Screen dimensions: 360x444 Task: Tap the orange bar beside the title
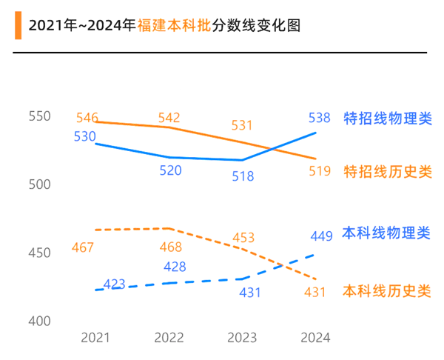[x=17, y=27]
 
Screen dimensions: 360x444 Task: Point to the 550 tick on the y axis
[x=38, y=116]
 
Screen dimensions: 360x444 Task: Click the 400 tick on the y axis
[x=38, y=321]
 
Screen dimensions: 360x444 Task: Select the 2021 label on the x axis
[x=95, y=338]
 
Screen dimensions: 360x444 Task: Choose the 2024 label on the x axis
[x=315, y=338]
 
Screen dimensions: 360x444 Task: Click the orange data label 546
[x=87, y=118]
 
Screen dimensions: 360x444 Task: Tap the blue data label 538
[x=319, y=117]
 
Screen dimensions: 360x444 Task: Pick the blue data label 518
[x=242, y=176]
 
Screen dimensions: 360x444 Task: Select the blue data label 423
[x=114, y=284]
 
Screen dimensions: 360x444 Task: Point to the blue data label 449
[x=321, y=237]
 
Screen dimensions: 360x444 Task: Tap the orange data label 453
[x=243, y=238]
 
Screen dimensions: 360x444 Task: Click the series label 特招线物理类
[x=387, y=118]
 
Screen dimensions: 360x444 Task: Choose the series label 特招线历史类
[x=387, y=172]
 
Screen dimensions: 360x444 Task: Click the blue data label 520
[x=170, y=170]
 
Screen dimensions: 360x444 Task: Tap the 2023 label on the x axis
[x=242, y=338]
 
